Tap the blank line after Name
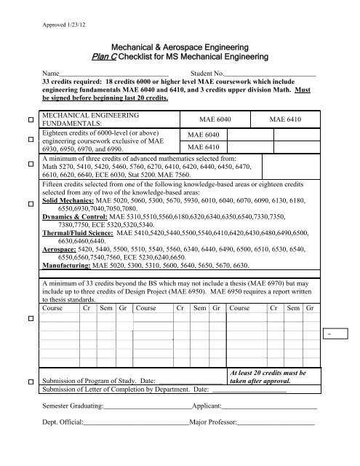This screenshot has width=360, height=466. click(113, 75)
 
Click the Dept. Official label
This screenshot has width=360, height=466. click(63, 422)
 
